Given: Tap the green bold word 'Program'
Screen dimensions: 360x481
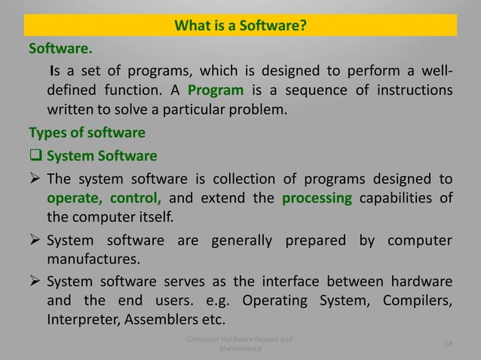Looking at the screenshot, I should pyautogui.click(x=216, y=91).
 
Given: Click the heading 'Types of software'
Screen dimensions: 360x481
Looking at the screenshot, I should pyautogui.click(x=87, y=133).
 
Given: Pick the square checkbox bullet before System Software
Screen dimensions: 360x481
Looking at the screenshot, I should pyautogui.click(x=35, y=157).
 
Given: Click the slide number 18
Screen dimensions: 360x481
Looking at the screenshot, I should pyautogui.click(x=449, y=344).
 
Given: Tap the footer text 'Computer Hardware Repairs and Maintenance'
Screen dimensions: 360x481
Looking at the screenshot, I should pyautogui.click(x=240, y=344).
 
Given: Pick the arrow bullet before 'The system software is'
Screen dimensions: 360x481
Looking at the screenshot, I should pyautogui.click(x=35, y=179).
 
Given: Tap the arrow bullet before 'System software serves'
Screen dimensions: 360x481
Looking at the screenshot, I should pyautogui.click(x=35, y=282).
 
